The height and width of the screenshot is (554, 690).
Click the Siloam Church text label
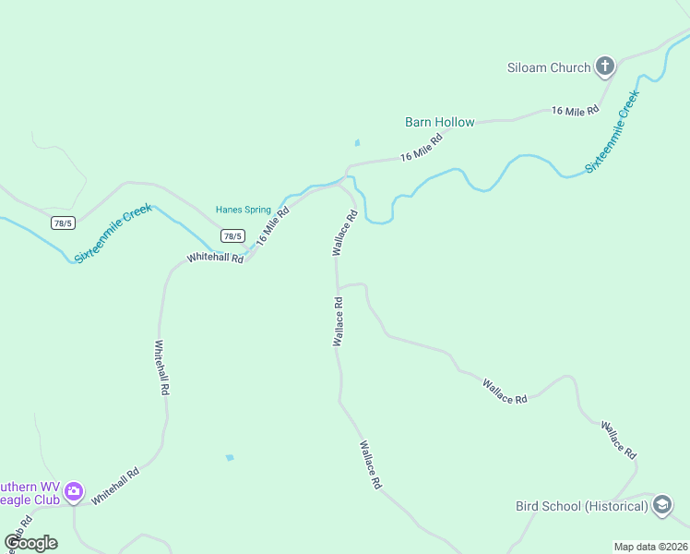pyautogui.click(x=549, y=67)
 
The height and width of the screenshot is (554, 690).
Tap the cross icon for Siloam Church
pyautogui.click(x=605, y=66)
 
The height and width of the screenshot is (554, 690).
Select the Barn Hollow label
pyautogui.click(x=440, y=122)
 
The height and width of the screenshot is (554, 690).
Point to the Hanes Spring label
pyautogui.click(x=244, y=210)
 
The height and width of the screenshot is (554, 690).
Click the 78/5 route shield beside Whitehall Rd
pyautogui.click(x=232, y=236)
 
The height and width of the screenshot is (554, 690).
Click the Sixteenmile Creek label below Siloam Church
pyautogui.click(x=612, y=132)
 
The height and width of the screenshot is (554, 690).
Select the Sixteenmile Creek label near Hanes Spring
pyautogui.click(x=113, y=234)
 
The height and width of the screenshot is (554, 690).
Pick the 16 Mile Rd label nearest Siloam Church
pyautogui.click(x=575, y=111)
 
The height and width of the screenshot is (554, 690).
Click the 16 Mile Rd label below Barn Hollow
pyautogui.click(x=422, y=147)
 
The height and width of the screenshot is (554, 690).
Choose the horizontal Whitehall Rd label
pyautogui.click(x=215, y=259)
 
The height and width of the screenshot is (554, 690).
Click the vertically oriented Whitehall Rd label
pyautogui.click(x=161, y=368)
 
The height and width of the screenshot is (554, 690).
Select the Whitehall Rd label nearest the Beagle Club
pyautogui.click(x=115, y=485)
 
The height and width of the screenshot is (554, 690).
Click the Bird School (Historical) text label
pyautogui.click(x=581, y=506)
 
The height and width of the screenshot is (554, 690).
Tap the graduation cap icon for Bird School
pyautogui.click(x=661, y=505)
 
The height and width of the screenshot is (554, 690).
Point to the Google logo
pyautogui.click(x=30, y=542)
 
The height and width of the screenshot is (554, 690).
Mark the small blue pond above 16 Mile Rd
pyautogui.click(x=357, y=143)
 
